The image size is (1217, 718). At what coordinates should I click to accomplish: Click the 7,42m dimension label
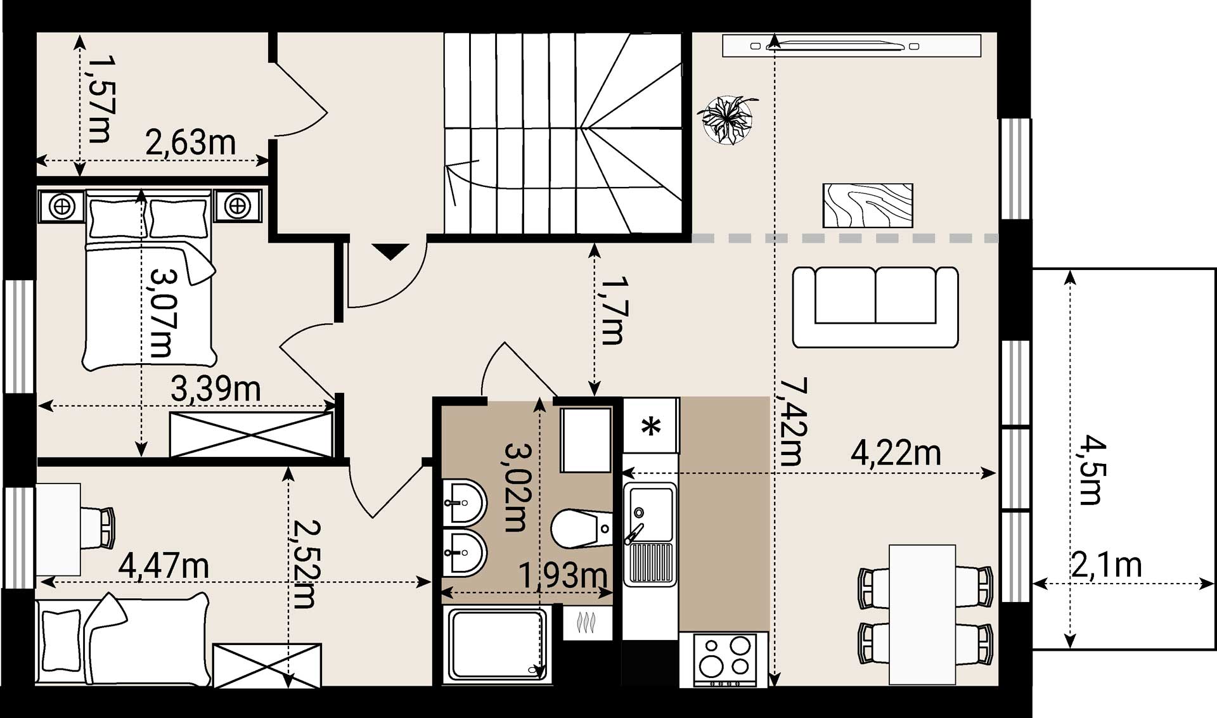(x=792, y=422)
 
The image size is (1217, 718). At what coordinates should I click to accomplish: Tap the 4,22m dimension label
(x=896, y=454)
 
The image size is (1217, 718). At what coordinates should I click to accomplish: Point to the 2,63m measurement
(x=191, y=143)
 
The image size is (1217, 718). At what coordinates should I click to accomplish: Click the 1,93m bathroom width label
(x=563, y=575)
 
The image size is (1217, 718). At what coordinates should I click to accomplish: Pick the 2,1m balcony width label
(x=1107, y=564)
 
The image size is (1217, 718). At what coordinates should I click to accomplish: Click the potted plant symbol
(x=728, y=119)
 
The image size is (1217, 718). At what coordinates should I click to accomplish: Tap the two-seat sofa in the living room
(x=875, y=307)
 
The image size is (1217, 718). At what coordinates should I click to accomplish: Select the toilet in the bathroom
(x=581, y=529)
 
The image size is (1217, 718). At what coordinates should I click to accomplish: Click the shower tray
(x=498, y=643)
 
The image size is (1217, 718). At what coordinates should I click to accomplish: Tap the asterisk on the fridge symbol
(x=651, y=426)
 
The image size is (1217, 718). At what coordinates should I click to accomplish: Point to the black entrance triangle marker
(x=390, y=251)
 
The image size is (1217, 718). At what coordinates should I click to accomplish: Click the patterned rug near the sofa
(x=868, y=205)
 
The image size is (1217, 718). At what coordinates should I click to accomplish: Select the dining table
(x=922, y=614)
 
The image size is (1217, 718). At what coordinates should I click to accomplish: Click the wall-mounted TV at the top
(x=851, y=46)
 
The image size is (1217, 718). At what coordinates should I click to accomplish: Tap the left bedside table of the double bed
(x=61, y=206)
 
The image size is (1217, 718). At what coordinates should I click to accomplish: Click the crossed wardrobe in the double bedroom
(x=252, y=434)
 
